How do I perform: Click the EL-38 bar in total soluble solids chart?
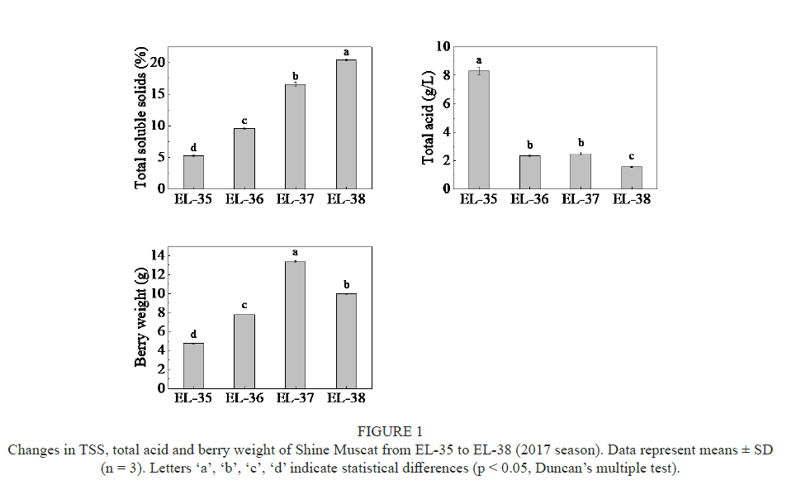coord(346,124)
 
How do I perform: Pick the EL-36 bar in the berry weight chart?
coord(244,351)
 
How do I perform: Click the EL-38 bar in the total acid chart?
coord(631,178)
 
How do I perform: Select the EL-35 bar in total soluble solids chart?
coord(193,172)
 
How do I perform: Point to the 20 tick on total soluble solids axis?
coord(162,62)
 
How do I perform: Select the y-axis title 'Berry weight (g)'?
coord(141,319)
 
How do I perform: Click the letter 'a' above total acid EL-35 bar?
coord(478,60)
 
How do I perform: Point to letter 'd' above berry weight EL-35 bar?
coord(193,334)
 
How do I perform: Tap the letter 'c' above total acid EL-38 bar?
coord(631,157)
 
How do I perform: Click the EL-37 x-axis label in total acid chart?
coord(581,199)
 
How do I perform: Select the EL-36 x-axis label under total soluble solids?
coord(244,199)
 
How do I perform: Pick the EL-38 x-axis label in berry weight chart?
coord(346,398)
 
